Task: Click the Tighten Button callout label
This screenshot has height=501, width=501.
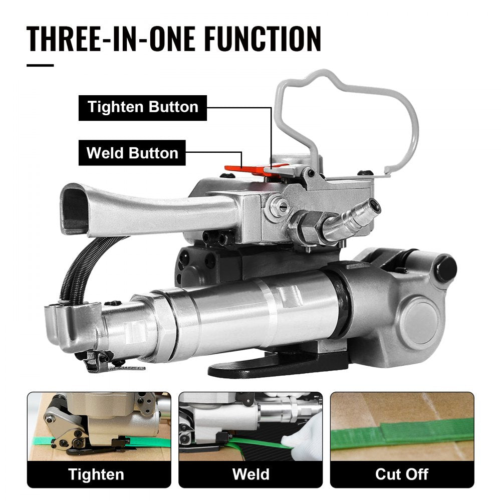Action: pos(143,107)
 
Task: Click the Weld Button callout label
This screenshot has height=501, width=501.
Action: pos(132,152)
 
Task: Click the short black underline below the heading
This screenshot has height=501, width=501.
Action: pos(40,65)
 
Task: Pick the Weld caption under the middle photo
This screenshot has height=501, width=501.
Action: pos(250,474)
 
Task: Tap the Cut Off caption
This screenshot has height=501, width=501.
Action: pos(402,474)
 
